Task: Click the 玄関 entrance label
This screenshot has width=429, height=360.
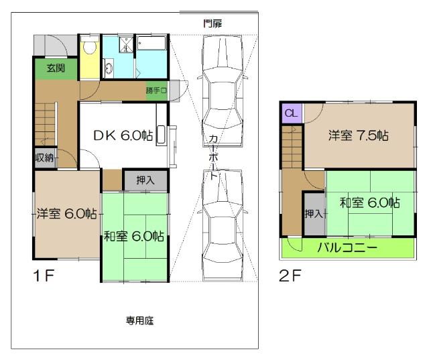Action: click(x=55, y=68)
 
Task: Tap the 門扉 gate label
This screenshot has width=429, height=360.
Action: click(x=213, y=23)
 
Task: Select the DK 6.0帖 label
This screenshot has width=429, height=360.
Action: click(x=123, y=134)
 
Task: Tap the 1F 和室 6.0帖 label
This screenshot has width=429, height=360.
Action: click(x=134, y=235)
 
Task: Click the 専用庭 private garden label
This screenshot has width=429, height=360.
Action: click(x=140, y=320)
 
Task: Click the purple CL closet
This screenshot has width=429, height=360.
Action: click(x=290, y=113)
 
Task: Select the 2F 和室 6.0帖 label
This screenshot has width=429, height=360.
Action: click(x=369, y=202)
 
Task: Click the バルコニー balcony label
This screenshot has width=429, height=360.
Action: click(x=347, y=247)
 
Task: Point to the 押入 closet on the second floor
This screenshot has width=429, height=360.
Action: click(x=313, y=213)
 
